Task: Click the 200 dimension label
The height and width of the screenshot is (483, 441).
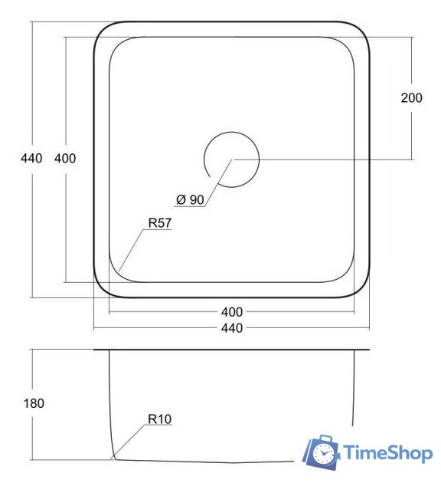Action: (411, 97)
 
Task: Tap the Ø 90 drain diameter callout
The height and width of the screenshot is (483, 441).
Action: (190, 199)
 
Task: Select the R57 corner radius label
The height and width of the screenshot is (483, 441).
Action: (159, 222)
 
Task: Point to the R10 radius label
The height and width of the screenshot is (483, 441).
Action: (159, 419)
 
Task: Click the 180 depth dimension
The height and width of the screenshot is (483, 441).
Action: (34, 403)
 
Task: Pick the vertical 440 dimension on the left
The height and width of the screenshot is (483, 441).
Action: (31, 159)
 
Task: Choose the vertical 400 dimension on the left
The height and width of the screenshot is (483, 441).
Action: (65, 159)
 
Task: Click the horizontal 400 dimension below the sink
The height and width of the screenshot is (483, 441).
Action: (231, 312)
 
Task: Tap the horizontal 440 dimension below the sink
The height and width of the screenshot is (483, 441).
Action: (231, 328)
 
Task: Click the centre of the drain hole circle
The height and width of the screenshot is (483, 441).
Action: (231, 159)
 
